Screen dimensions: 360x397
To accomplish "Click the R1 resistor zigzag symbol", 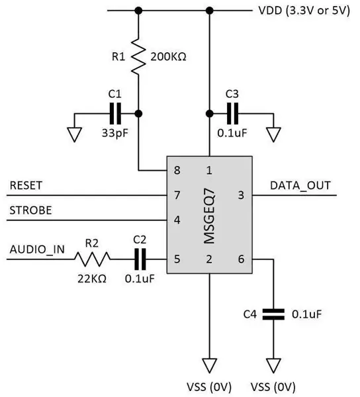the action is pos(138,56).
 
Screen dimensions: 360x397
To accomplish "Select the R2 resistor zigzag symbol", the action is pos(93,259).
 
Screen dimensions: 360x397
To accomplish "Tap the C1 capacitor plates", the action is pos(115,114).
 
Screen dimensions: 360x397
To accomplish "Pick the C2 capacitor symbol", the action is pos(140,259).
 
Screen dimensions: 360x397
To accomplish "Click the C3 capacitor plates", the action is pos(233,114).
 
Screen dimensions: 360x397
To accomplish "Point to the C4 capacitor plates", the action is pos(273,314).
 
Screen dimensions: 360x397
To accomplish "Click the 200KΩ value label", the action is pos(168,57).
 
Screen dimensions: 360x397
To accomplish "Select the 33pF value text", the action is pos(115,133).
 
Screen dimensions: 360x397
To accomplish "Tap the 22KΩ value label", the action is pos(92,279).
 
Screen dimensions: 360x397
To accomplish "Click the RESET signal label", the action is pos(26,185).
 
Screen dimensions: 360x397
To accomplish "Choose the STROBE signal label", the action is pos(30,210).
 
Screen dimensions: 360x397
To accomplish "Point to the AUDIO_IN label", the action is pos(37,249).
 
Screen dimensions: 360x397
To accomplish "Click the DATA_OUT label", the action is pos(300,185).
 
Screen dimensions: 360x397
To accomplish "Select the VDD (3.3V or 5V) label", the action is pos(304,11).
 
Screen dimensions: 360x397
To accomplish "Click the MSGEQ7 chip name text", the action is pos(209,216).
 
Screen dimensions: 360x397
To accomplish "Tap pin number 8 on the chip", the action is pos(177,170).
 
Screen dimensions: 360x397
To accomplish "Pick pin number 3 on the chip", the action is pos(241,195).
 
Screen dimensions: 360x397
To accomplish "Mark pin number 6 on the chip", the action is pos(241,259).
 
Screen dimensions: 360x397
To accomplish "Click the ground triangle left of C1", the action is pos(74,135).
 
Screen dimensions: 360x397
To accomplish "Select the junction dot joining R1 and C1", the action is pos(138,114).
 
